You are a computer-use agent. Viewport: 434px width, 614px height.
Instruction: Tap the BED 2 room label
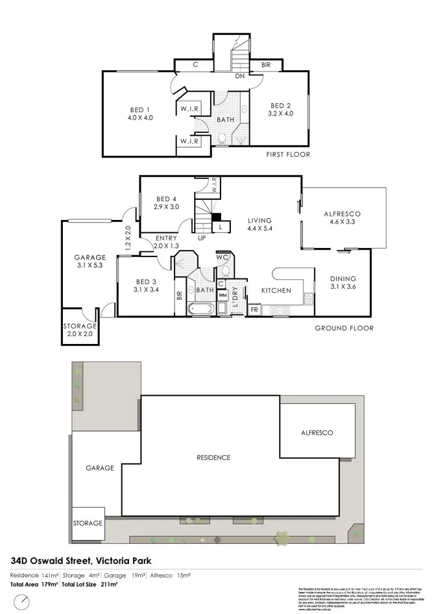[281, 106]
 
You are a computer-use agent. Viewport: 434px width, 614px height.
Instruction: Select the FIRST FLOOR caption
[289, 154]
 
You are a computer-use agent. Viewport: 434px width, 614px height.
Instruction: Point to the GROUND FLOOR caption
[344, 328]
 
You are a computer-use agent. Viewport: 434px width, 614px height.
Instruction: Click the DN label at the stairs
[239, 76]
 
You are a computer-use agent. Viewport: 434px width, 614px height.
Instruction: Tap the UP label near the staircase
[202, 238]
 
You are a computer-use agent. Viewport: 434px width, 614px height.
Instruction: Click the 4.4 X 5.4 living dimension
[259, 228]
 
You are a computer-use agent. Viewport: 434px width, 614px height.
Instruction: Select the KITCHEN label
[276, 290]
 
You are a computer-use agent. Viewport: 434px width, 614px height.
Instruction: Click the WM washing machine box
[222, 296]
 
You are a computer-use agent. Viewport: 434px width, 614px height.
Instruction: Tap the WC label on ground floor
[222, 257]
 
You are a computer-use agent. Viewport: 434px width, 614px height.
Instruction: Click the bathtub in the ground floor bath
[200, 309]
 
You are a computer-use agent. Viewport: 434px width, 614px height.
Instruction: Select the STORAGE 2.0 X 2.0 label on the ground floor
[79, 330]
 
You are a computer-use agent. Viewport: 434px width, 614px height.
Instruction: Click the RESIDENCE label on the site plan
[213, 458]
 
